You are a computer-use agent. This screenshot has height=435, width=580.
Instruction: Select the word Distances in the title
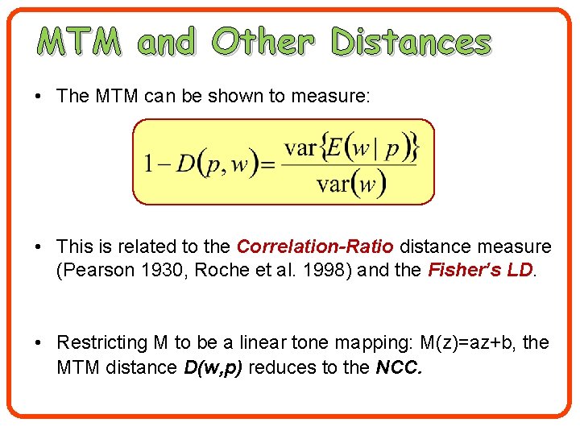click(412, 42)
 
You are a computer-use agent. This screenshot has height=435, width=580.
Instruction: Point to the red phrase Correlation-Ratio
click(316, 246)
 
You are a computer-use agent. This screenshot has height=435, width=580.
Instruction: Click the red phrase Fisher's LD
click(481, 270)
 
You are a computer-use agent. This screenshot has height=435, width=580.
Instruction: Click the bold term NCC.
click(398, 368)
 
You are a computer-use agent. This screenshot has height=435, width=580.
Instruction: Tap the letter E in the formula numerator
click(338, 148)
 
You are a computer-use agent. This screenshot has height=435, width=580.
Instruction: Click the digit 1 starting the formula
click(149, 164)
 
